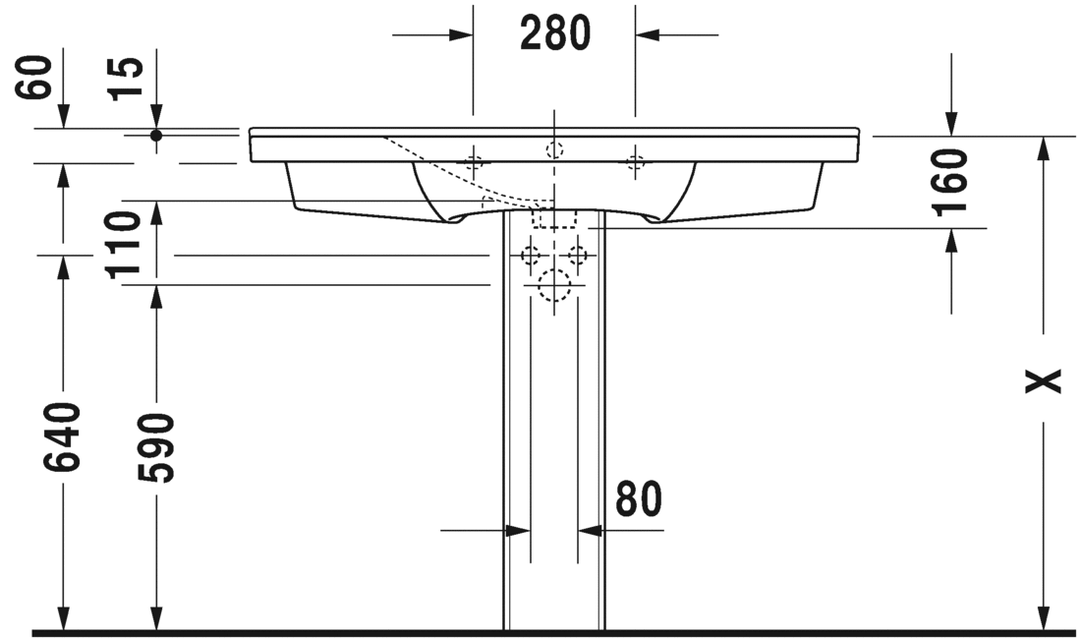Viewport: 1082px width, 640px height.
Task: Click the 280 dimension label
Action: coord(555,33)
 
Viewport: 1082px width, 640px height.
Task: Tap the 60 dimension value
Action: coord(34,78)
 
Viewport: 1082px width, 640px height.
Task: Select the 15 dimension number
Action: coord(127,79)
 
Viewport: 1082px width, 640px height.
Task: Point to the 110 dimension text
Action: coord(124,245)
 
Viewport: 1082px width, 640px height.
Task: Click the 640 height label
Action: coord(63,437)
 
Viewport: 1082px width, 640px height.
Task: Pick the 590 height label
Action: coord(156,447)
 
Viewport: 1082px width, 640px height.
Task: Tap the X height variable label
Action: coord(1043,380)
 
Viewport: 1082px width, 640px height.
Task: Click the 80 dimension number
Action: coord(639,498)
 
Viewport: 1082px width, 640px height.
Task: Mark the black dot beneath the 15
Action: coord(156,136)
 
